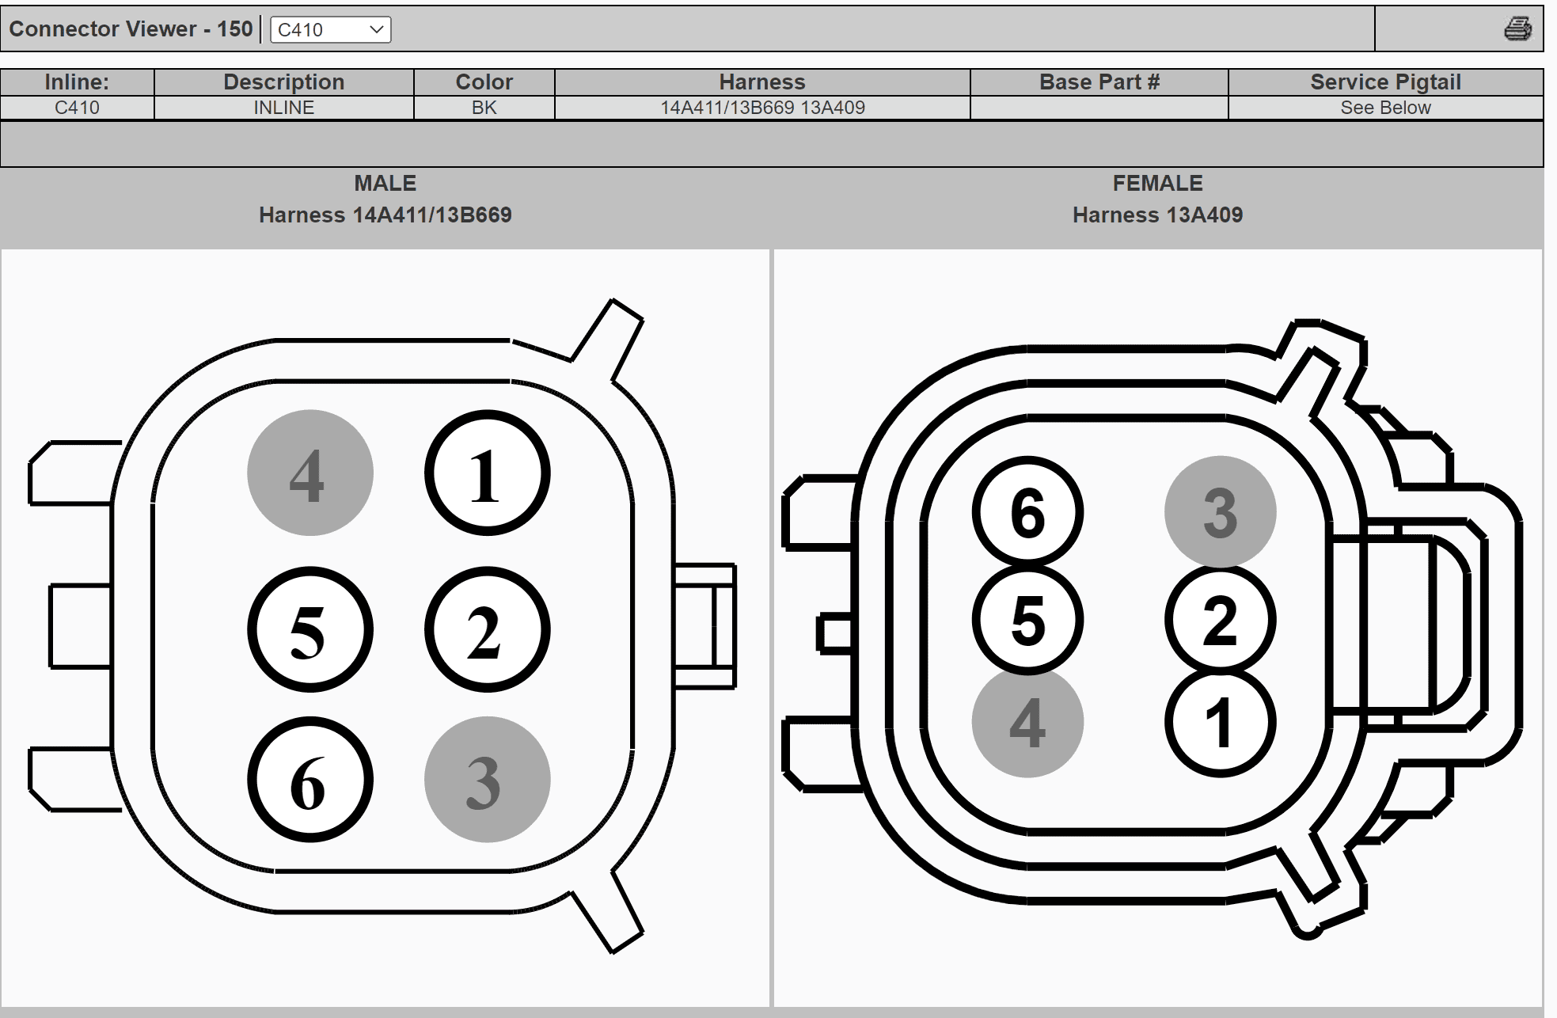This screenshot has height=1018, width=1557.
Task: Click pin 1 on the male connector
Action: (x=488, y=473)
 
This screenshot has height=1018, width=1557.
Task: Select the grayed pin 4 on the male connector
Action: (x=310, y=473)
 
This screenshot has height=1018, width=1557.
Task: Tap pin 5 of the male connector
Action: (x=310, y=629)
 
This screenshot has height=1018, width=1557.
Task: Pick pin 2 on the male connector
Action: (x=488, y=629)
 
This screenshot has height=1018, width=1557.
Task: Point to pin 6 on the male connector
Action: (x=310, y=780)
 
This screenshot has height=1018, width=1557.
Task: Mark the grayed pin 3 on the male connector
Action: (x=488, y=780)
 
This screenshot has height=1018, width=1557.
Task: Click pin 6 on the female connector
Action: (x=1027, y=511)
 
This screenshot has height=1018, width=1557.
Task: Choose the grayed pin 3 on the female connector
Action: (x=1221, y=511)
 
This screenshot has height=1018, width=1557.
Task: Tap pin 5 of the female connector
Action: (x=1027, y=619)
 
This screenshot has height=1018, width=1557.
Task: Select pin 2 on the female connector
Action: (x=1221, y=619)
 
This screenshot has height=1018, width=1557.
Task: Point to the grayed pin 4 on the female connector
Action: (x=1027, y=722)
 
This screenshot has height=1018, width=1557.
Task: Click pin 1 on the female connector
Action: (x=1221, y=722)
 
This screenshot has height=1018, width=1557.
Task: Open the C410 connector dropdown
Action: (x=331, y=30)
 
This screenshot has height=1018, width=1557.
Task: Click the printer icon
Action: (x=1517, y=29)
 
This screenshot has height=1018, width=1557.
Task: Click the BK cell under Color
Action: (x=484, y=108)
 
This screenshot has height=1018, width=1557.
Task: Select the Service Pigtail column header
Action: (x=1385, y=82)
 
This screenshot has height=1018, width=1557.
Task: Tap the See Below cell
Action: (x=1385, y=108)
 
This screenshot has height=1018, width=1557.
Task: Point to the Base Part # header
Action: (x=1099, y=82)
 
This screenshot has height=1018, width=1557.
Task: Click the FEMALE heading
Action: (x=1157, y=184)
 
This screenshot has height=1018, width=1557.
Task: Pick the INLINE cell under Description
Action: (x=284, y=108)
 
